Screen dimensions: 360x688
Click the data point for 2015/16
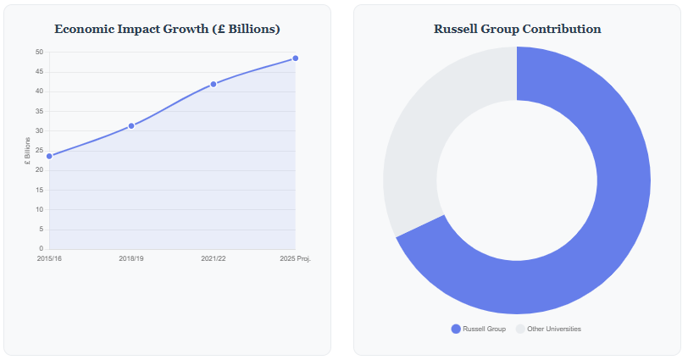pos(49,156)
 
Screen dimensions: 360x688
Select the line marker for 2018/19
pos(131,126)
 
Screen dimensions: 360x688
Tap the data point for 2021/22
pos(214,84)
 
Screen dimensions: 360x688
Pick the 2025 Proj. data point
pos(295,58)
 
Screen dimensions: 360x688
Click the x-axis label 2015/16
pos(49,258)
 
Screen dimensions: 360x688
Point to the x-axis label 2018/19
pos(131,258)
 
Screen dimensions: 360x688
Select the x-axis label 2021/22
pos(214,258)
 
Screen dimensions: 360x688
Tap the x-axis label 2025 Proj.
pos(295,258)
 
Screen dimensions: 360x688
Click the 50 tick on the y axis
pos(39,53)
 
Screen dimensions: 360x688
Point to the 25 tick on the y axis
pos(39,151)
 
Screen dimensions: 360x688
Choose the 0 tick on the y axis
pos(41,249)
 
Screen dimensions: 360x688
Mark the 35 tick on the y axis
pos(39,111)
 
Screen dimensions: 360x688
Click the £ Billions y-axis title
pos(27,151)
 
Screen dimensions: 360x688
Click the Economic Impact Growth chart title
pos(167,29)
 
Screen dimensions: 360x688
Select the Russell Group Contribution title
pos(517,29)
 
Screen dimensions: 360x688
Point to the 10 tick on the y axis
pos(39,209)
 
